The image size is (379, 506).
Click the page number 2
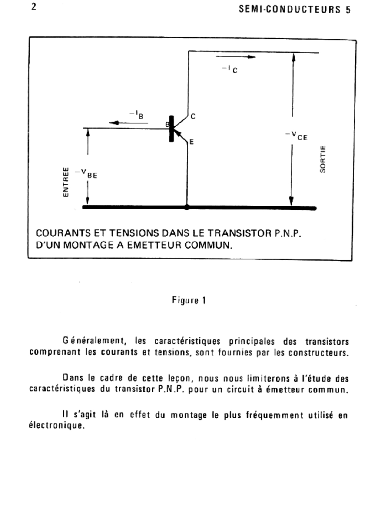click(34, 7)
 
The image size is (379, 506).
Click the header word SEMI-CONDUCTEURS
click(290, 9)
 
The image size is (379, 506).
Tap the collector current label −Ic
click(230, 69)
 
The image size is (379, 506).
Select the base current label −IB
click(136, 115)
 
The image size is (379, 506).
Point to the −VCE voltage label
click(296, 136)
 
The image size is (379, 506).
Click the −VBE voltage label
click(86, 174)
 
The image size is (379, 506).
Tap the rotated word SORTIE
click(323, 159)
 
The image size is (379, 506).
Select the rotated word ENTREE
click(66, 182)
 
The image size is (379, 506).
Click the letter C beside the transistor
click(193, 117)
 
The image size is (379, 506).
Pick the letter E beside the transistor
click(191, 142)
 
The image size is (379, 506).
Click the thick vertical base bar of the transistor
click(171, 129)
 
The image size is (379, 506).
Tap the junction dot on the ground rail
click(187, 207)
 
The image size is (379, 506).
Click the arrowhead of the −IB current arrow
click(114, 123)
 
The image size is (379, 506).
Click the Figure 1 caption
click(189, 300)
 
